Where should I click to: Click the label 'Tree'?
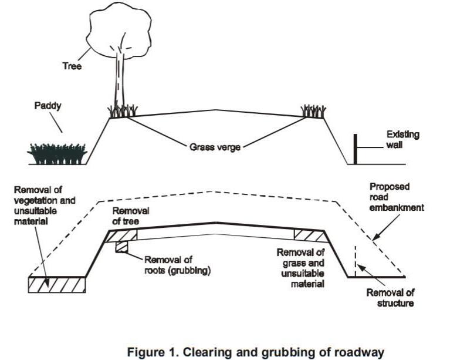72,67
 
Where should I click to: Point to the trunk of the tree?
119,82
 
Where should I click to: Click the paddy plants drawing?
57,154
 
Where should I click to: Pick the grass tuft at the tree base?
123,110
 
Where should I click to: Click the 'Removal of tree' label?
131,216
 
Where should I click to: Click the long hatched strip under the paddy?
57,284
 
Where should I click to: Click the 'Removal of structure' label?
390,298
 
